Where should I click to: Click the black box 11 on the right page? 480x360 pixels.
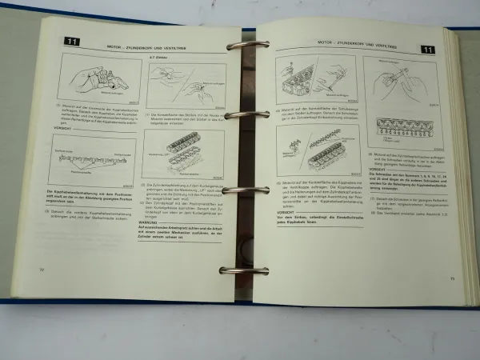428,49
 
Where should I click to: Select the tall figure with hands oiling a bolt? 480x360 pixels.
398,79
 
